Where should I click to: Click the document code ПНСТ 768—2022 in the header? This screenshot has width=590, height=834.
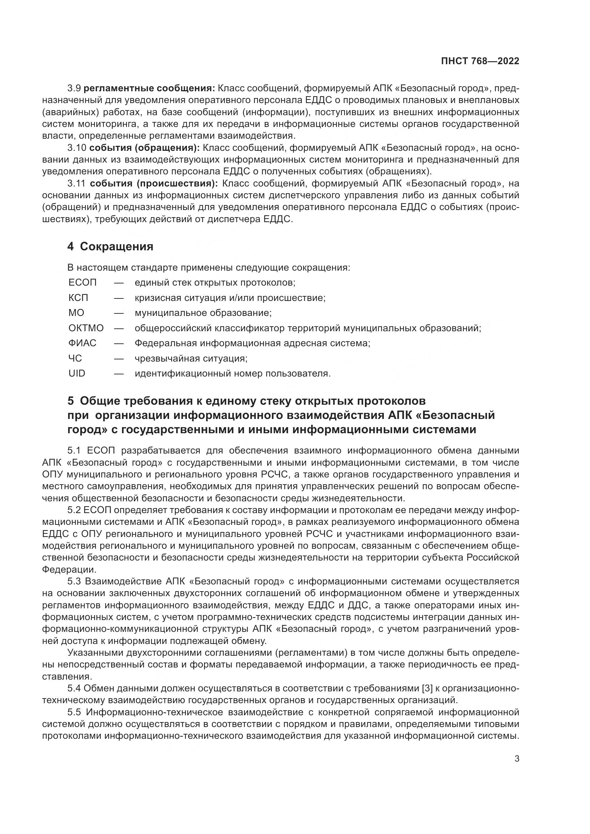point(480,61)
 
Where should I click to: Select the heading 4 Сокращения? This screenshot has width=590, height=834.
point(110,247)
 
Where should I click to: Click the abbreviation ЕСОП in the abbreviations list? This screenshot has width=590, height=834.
point(82,282)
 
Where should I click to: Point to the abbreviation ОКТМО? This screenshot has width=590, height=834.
point(86,328)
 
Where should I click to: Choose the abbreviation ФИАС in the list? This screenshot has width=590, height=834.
point(82,343)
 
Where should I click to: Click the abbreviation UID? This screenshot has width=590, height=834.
point(77,373)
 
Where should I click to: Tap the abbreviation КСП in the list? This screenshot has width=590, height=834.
point(78,298)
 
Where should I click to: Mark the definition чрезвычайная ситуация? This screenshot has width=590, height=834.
point(191,358)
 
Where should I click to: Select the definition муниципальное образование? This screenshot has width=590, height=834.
point(203,313)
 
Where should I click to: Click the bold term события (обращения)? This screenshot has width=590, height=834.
point(144,148)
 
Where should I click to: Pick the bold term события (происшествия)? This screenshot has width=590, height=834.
point(154,183)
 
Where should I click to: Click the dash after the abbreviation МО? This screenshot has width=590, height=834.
point(119,313)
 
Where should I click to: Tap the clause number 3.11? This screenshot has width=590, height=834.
point(76,183)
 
